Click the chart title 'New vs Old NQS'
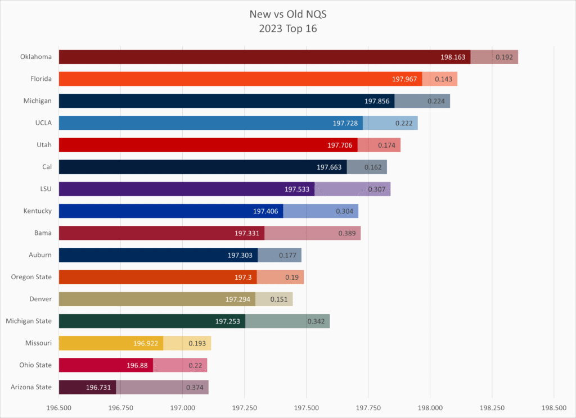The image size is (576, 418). pos(287,13)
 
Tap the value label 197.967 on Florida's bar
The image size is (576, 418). pos(405,79)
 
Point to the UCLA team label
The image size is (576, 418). pos(43,123)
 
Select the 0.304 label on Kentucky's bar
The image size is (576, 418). pos(345,211)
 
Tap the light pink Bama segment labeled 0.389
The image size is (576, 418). pos(312,233)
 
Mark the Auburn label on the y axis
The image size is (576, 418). pos(40,255)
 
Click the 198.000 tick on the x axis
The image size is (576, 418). pos(430,406)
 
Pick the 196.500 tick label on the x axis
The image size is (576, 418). pos(59,406)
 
